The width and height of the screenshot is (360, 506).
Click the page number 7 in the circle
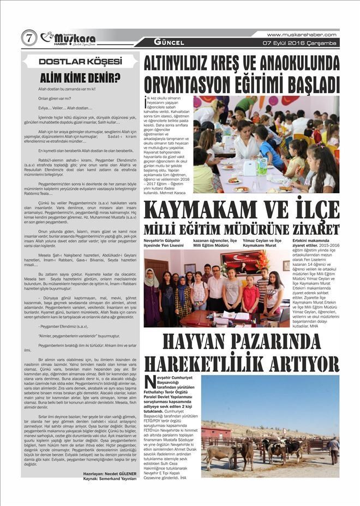(29, 38)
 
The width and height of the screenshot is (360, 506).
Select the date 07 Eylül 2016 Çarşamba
(300, 43)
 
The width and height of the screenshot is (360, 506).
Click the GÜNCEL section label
(169, 42)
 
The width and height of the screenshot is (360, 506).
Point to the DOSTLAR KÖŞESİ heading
(80, 61)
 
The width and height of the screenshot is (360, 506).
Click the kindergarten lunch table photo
(266, 145)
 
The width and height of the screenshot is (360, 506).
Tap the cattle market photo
(270, 419)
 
